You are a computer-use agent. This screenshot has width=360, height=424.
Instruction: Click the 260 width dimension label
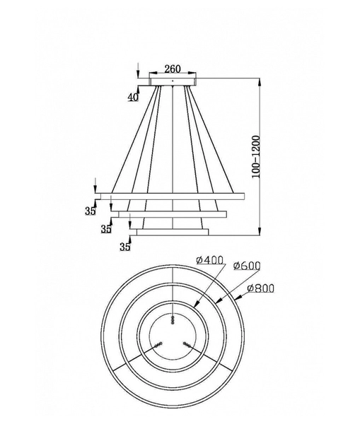click(172, 69)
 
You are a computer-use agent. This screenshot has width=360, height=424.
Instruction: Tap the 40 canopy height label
click(133, 98)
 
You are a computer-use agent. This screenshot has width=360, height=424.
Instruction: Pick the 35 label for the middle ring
click(106, 229)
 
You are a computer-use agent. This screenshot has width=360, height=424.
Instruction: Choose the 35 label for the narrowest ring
click(125, 247)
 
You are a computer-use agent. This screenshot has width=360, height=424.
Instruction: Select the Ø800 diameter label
click(260, 288)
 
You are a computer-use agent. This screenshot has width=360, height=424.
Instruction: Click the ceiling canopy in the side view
click(172, 83)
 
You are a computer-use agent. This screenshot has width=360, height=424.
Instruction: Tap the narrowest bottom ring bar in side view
click(172, 230)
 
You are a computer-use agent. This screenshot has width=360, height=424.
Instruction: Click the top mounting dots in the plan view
click(172, 320)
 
